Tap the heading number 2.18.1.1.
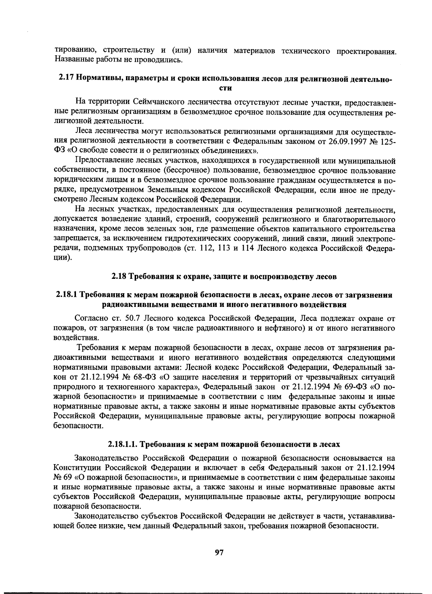point(122,444)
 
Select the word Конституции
point(78,468)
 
